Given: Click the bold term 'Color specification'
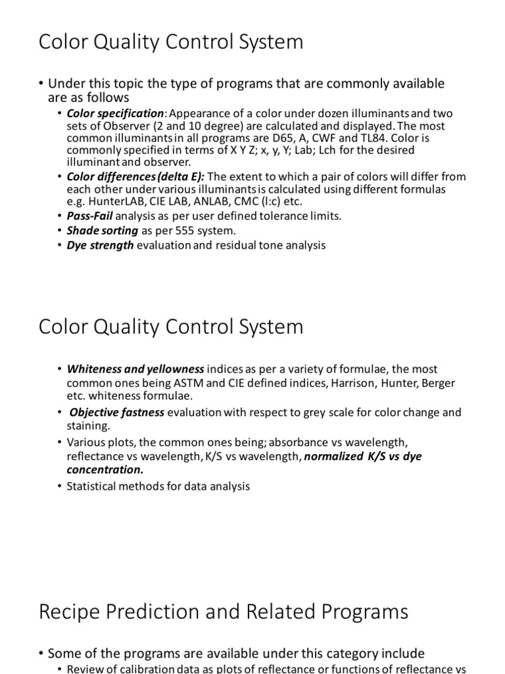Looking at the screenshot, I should (x=115, y=113).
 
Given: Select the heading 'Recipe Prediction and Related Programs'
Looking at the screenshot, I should (x=224, y=611).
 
